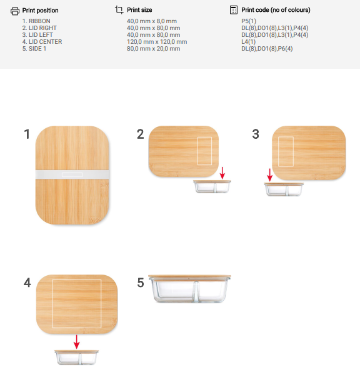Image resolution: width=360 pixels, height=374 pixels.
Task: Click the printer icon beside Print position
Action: coord(15,11)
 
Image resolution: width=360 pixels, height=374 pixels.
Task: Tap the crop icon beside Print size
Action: coord(119,10)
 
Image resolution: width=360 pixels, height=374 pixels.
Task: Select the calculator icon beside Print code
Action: coord(233,10)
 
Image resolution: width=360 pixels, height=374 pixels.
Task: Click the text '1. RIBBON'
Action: coord(36,21)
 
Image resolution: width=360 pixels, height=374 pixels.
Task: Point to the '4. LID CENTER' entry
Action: coord(42,42)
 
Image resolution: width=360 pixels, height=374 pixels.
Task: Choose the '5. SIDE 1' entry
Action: coord(34,49)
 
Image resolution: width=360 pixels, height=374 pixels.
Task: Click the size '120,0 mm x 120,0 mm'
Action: coord(157,42)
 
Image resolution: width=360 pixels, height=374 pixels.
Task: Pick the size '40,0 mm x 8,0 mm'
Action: coord(152,21)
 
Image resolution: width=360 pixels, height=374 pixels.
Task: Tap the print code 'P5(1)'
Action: coord(249,21)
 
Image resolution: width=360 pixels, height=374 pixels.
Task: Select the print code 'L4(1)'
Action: coord(248,42)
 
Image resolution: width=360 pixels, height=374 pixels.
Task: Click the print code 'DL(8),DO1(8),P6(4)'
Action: coord(267,49)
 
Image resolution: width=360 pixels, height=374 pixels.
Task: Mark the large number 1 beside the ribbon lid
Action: coord(27,134)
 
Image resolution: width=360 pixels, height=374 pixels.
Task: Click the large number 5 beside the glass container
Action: coord(141,283)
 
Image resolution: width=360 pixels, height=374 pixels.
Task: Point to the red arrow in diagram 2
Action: coord(222,173)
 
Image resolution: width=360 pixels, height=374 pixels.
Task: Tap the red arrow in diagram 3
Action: coord(269,175)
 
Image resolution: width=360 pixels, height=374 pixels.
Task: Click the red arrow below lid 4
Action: coord(76,342)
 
